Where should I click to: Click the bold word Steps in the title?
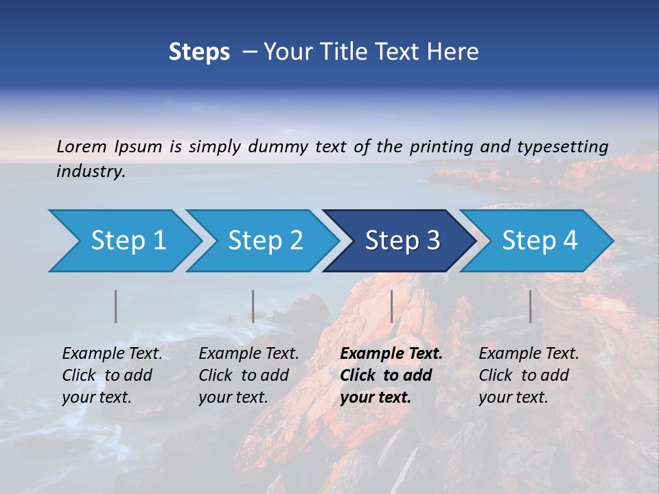[x=199, y=52]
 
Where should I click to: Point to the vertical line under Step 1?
[x=116, y=306]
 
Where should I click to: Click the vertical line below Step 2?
[x=253, y=306]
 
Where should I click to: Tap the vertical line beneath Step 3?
[x=392, y=306]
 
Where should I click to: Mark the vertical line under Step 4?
[x=531, y=306]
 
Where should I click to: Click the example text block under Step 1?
[x=112, y=375]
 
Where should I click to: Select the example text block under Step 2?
[x=248, y=375]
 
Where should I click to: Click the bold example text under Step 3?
[x=391, y=375]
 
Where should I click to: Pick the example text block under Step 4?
[x=529, y=375]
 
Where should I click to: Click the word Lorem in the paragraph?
[x=82, y=146]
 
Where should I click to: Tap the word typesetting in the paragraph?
[x=562, y=146]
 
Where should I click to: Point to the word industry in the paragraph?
[x=91, y=172]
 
